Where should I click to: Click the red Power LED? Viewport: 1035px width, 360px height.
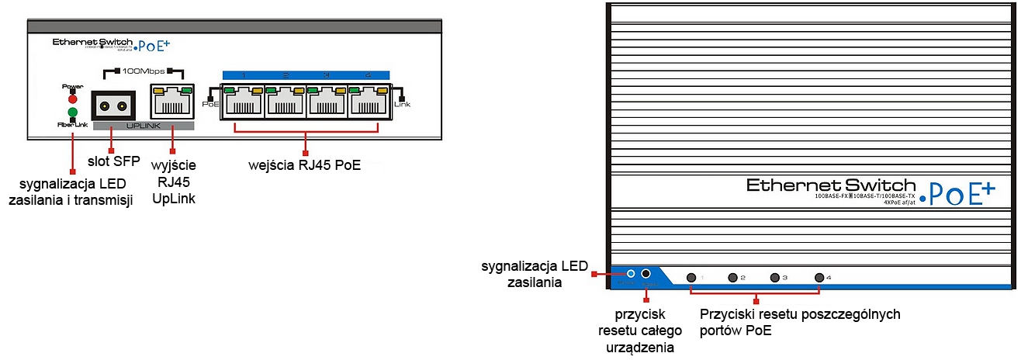[72, 99]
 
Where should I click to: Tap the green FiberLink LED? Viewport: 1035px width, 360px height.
[72, 112]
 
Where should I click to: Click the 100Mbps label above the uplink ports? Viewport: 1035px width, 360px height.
[143, 71]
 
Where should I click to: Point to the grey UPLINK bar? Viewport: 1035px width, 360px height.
[143, 125]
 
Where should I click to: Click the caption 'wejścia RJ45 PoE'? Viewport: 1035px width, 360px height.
[305, 164]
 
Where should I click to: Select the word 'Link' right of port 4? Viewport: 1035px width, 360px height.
[402, 104]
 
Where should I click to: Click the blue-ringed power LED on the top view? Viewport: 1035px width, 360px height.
[631, 275]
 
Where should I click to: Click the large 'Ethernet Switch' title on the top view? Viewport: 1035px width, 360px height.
[831, 185]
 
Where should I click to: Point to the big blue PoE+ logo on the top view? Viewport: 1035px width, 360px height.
[960, 191]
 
